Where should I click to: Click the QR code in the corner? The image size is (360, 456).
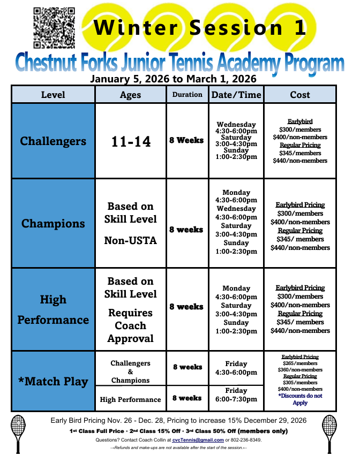54,27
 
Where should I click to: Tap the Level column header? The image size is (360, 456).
53,95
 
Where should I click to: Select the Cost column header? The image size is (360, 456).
300,95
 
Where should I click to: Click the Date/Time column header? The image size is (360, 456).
236,95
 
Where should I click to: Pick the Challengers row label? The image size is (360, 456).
53,141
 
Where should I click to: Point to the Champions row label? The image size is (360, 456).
53,223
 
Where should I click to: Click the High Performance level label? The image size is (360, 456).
53,309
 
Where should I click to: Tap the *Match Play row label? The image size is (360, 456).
53,382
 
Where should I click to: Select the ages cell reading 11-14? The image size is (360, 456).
131,142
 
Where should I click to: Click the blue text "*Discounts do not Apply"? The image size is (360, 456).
300,399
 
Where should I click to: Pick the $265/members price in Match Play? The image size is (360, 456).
300,363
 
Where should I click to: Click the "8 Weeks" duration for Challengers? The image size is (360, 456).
186,140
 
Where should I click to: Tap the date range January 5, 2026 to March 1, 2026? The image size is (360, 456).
173,79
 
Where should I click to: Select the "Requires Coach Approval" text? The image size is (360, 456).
131,325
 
